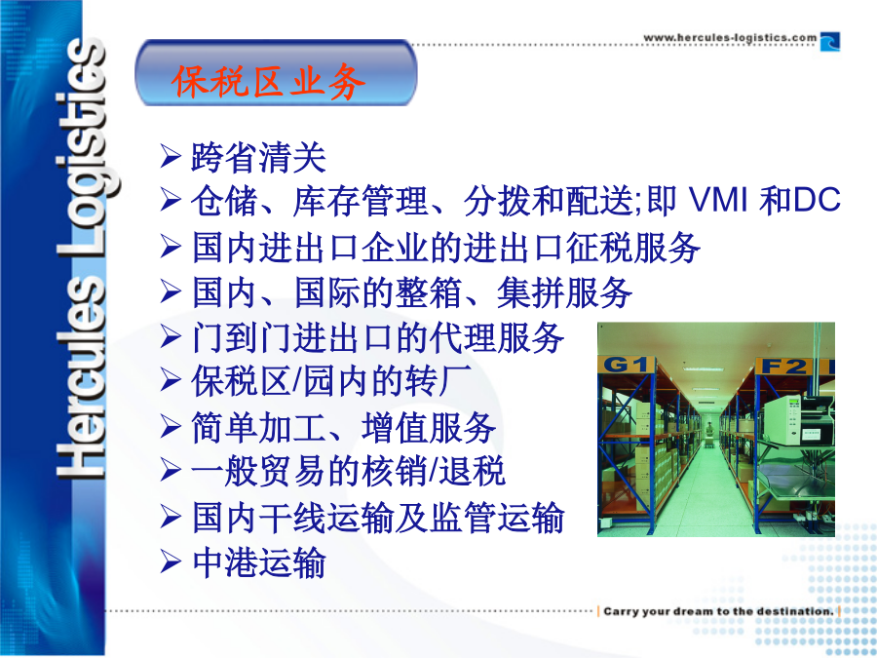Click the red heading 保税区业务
269,82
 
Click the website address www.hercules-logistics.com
730,38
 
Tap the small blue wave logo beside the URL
830,42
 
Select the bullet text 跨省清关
258,157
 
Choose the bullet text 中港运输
258,562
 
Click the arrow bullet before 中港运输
170,562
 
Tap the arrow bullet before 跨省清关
170,156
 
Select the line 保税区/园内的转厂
331,381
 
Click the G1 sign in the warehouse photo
626,365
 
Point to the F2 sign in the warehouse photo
784,366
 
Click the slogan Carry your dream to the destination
719,611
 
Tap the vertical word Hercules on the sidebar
82,377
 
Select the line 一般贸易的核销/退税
349,471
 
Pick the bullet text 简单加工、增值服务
343,427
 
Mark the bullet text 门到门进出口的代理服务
377,337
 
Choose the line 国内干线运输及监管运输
377,517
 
